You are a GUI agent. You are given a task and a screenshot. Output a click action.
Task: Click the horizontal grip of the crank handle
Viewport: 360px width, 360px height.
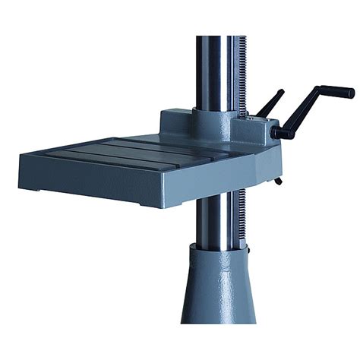point(336,92)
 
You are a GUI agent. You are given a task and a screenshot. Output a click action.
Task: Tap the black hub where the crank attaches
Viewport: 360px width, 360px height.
point(283,133)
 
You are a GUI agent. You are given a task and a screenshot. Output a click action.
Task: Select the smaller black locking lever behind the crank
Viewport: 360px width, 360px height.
point(270,103)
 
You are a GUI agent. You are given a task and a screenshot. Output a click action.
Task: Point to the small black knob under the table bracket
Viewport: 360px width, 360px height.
point(278,181)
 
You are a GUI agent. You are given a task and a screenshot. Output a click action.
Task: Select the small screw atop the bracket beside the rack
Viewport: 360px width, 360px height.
point(247,118)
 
